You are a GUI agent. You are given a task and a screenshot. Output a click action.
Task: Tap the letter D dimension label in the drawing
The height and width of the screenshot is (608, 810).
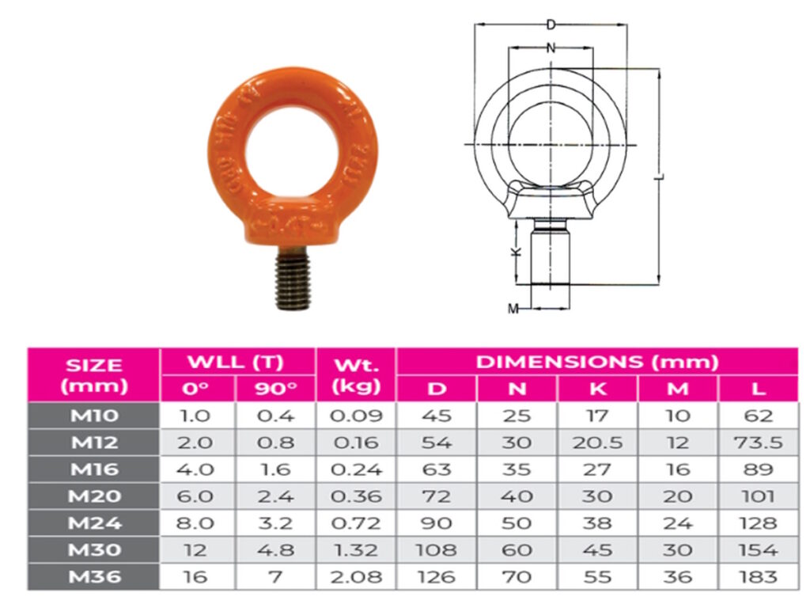[551, 25]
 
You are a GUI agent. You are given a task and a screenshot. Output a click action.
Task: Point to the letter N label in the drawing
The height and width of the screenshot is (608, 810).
[551, 48]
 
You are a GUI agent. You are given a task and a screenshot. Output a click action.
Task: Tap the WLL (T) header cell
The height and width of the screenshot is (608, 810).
[237, 363]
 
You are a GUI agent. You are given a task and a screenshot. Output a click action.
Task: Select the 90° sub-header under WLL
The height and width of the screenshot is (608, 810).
[275, 389]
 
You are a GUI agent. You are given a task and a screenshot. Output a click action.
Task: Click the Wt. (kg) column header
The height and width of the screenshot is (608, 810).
[356, 375]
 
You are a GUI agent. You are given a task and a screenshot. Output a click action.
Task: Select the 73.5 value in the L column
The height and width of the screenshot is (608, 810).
[759, 443]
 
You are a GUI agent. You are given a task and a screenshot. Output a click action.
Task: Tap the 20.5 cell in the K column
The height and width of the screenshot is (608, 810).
[598, 443]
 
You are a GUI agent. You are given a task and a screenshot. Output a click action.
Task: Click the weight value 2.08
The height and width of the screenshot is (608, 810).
[356, 577]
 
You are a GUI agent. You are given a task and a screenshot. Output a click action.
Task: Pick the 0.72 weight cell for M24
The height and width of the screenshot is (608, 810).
[356, 523]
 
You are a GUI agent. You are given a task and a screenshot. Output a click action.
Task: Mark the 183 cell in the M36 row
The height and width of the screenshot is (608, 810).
[759, 577]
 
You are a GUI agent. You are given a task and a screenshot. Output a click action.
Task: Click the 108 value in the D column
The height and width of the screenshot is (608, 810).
[437, 550]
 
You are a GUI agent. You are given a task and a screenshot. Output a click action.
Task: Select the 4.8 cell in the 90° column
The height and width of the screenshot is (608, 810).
[275, 550]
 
